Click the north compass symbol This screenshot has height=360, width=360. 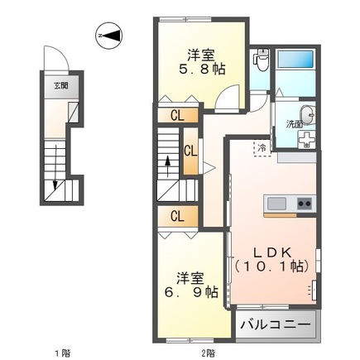click(107, 36)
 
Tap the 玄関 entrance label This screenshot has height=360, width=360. click(62, 85)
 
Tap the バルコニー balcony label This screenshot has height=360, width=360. click(276, 324)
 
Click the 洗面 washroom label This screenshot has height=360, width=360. click(294, 123)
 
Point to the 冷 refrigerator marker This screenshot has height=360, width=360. click(262, 148)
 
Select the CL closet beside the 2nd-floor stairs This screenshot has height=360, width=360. click(190, 151)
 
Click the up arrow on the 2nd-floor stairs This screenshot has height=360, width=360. click(169, 166)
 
